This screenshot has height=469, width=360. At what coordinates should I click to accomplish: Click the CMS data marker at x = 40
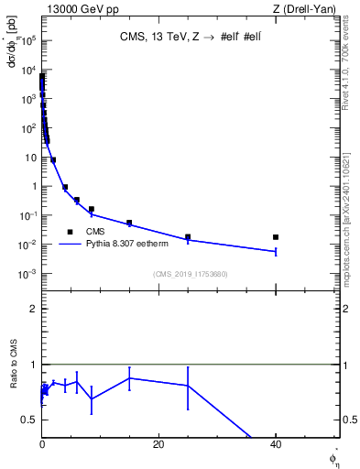click(276, 237)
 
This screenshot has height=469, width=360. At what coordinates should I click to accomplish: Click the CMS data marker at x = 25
click(188, 237)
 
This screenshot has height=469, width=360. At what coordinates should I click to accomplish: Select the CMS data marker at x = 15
click(129, 223)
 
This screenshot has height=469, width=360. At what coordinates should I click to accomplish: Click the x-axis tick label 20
click(158, 443)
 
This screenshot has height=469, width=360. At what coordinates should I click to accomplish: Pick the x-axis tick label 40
click(276, 443)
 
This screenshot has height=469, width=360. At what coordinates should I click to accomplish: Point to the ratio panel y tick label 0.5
click(29, 420)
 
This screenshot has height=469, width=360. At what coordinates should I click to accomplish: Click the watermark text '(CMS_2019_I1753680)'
click(191, 274)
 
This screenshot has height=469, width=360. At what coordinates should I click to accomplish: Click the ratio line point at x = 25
click(188, 386)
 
